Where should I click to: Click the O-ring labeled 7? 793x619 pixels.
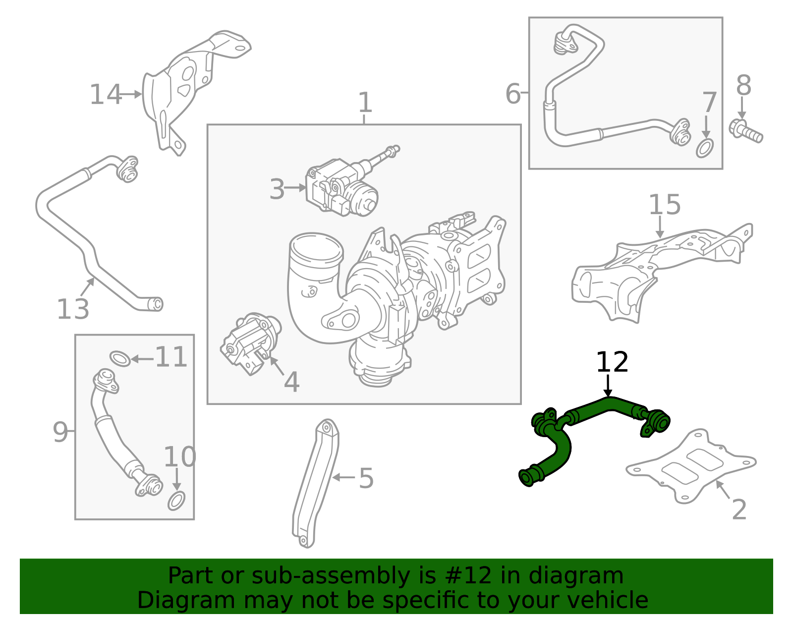click(705, 148)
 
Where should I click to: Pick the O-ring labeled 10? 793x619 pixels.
click(176, 501)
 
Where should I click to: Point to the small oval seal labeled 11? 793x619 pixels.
click(119, 358)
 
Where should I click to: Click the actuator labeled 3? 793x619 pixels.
click(342, 187)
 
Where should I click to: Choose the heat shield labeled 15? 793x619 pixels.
click(659, 270)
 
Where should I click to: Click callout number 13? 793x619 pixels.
click(73, 309)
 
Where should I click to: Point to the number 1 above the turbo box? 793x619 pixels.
click(365, 103)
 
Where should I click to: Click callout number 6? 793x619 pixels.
click(513, 94)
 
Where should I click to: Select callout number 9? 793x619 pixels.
click(60, 432)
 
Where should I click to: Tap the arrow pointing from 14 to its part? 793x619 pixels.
click(131, 94)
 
